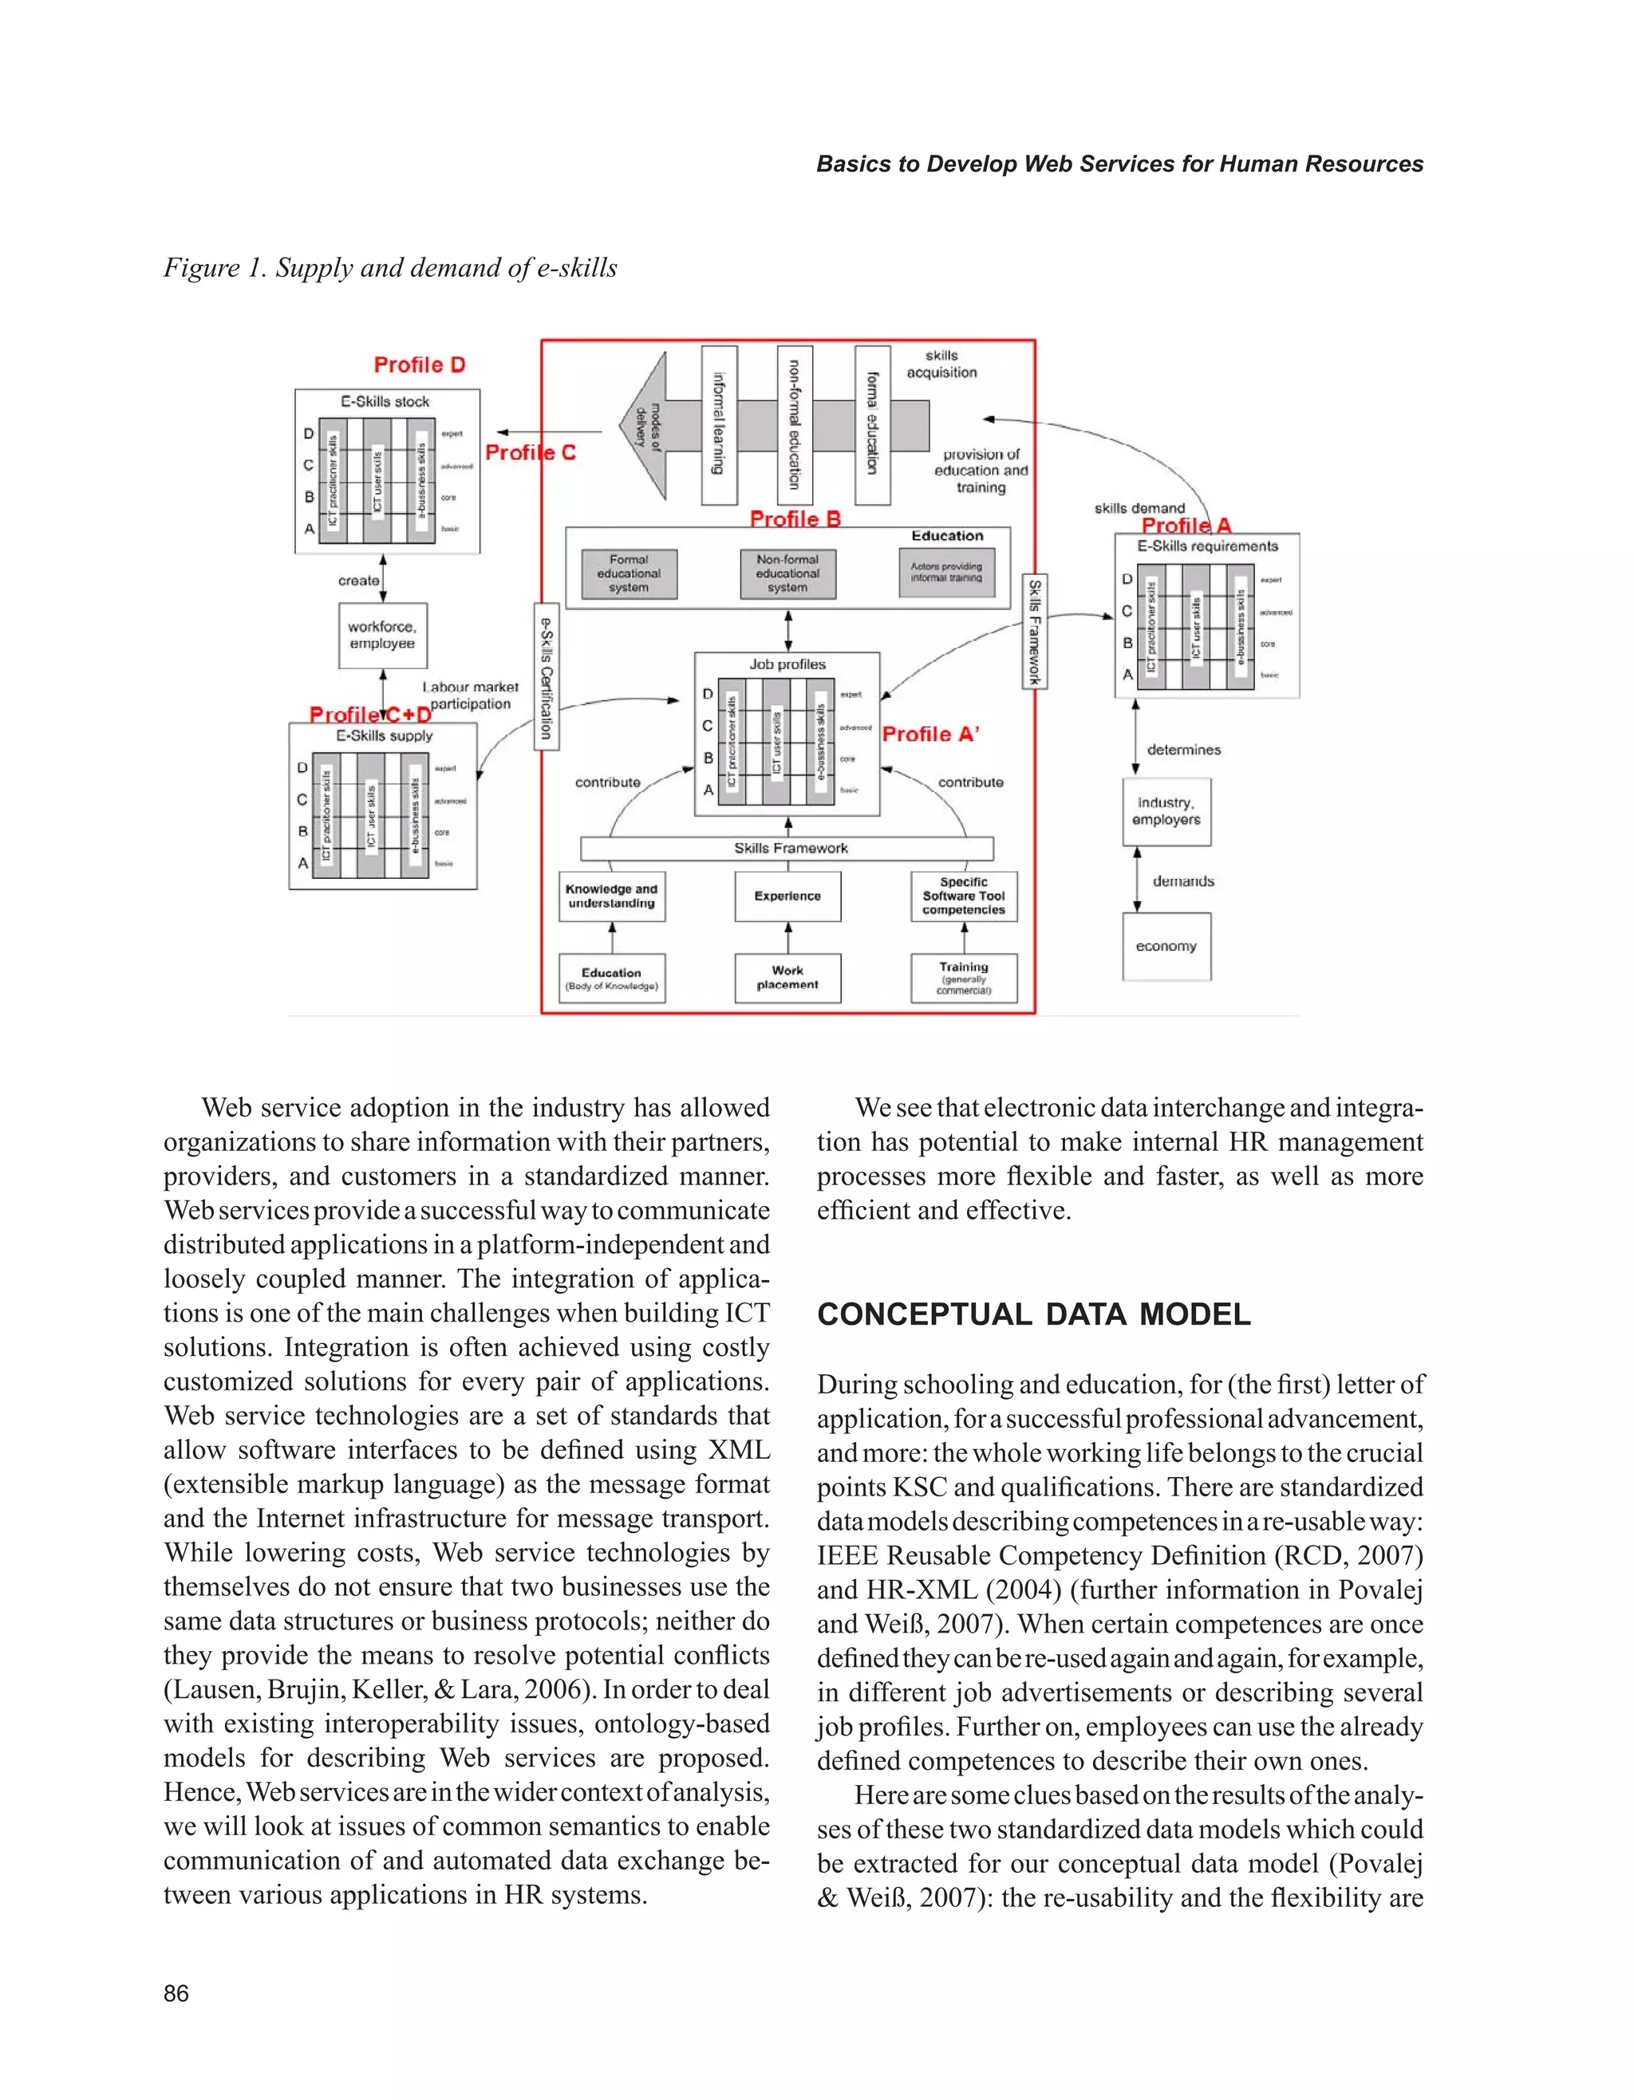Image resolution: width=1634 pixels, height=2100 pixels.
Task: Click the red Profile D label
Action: pos(420,365)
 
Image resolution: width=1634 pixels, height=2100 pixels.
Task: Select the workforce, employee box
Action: pos(383,636)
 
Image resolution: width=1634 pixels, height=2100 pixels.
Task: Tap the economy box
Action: pos(1166,948)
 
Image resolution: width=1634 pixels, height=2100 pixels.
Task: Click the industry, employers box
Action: pos(1166,812)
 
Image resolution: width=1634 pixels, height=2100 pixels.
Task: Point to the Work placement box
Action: pos(787,978)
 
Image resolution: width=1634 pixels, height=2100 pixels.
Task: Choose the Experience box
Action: pos(787,896)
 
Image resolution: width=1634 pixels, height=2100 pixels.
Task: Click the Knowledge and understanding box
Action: pos(612,896)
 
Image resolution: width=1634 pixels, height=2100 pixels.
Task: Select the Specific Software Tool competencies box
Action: pos(964,896)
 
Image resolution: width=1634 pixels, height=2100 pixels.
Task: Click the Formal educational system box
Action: pos(629,574)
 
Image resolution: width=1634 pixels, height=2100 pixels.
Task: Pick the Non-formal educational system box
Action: pos(787,574)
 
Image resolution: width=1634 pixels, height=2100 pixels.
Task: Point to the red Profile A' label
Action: pos(930,735)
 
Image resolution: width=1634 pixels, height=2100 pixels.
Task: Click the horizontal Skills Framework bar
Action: pos(787,848)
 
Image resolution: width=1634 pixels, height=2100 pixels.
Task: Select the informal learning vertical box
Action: pos(718,425)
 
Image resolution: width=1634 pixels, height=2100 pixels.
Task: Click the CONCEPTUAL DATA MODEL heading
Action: pos(1034,1314)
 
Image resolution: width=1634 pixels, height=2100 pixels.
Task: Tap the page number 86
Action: pos(176,1993)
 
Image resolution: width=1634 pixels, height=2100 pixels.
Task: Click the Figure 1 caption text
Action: pos(390,267)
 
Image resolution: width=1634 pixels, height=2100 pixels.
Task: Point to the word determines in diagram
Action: pos(1183,750)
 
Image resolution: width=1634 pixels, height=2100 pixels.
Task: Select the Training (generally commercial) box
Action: pos(964,978)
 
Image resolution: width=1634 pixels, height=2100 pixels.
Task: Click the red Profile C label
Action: pos(530,453)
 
